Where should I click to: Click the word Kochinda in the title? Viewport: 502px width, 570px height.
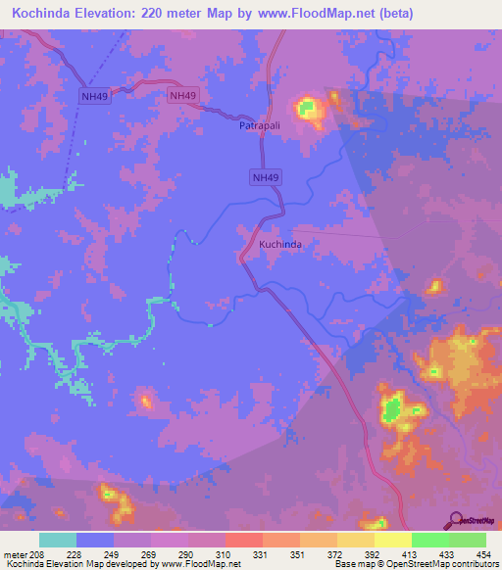44,13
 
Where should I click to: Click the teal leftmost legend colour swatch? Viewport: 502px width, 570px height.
58,540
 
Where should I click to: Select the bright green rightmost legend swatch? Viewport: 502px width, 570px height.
467,540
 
